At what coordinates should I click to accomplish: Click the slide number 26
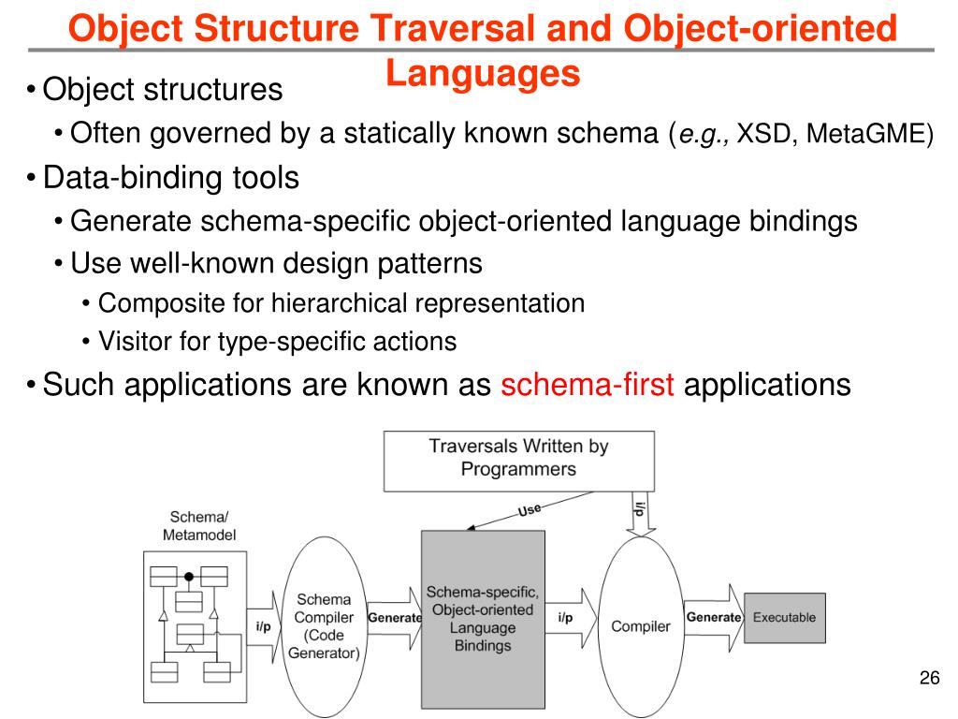pos(929,679)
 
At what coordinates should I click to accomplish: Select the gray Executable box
pos(784,618)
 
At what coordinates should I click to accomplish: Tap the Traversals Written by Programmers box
pos(518,459)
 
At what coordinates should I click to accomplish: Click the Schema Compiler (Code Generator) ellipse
pos(324,625)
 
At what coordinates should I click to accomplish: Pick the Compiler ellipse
pos(641,625)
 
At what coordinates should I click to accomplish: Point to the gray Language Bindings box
pos(483,619)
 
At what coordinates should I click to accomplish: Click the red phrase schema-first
pos(588,385)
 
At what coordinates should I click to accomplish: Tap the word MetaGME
pos(869,135)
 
